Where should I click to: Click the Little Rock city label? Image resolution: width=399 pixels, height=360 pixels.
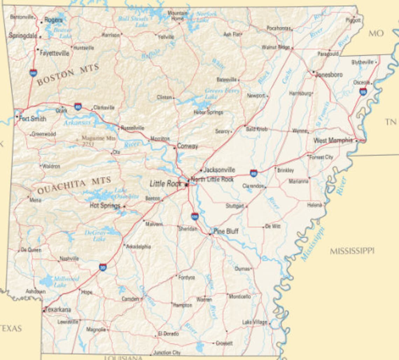(x=166, y=184)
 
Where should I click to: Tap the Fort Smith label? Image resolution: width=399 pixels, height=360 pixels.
(x=33, y=119)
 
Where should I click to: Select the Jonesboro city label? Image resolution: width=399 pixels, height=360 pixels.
(x=329, y=75)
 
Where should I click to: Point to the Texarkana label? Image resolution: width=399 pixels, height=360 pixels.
(x=58, y=310)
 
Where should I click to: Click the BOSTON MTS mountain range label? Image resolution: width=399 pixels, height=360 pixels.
(x=68, y=74)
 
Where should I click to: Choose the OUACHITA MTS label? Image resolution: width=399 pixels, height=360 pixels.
(x=74, y=186)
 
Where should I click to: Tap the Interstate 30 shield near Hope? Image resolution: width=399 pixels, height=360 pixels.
(x=103, y=267)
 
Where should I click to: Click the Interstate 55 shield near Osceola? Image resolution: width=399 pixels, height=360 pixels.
(x=363, y=92)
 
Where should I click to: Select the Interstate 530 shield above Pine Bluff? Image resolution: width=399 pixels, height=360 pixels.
(x=195, y=216)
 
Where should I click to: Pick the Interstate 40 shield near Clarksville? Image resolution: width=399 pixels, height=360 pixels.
(x=78, y=106)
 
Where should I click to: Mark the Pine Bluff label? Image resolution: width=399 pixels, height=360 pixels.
(x=226, y=231)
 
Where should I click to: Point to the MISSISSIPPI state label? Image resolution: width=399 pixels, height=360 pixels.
(x=352, y=251)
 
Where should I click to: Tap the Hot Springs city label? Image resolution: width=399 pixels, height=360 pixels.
(x=105, y=206)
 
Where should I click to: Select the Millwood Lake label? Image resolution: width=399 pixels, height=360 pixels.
(x=66, y=282)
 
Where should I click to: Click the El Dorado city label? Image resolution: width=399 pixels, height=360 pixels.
(x=168, y=334)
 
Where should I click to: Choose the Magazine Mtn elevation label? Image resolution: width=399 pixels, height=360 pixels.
(x=98, y=140)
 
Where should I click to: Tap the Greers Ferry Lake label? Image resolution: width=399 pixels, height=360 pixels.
(x=222, y=94)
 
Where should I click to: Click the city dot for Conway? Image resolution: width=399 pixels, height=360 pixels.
(x=175, y=147)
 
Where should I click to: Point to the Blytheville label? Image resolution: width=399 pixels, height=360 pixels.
(x=362, y=62)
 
